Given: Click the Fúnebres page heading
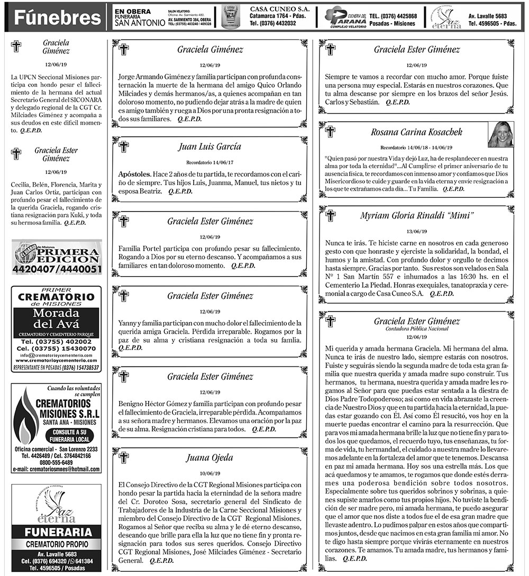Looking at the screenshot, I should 57,18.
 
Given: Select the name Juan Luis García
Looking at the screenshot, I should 210,147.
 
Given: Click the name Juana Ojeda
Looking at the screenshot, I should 210,458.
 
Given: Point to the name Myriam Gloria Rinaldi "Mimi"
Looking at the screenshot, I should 416,215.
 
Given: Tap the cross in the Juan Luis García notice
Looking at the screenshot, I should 124,147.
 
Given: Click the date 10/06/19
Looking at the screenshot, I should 210,473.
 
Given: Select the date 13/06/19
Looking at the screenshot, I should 416,231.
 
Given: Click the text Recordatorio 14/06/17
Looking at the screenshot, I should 210,162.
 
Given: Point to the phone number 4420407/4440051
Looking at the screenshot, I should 57,270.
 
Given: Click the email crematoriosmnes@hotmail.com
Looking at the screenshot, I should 57,469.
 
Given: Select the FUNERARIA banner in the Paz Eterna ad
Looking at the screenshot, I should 57,532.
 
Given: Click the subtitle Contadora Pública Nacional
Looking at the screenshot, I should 416,329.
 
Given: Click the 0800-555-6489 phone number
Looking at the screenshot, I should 57,462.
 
